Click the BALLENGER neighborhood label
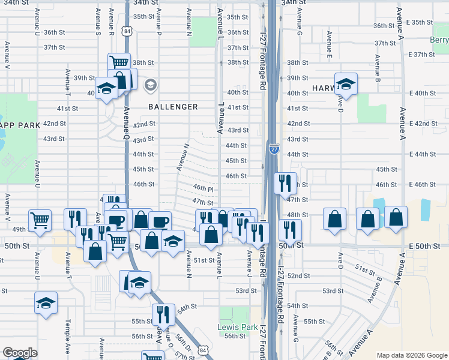pyautogui.click(x=173, y=107)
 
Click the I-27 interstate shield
pyautogui.click(x=274, y=149)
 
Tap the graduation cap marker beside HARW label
pyautogui.click(x=346, y=85)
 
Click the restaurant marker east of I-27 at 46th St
pyautogui.click(x=285, y=182)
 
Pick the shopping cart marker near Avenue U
pyautogui.click(x=40, y=219)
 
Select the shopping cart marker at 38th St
pyautogui.click(x=119, y=63)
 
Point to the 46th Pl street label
pyautogui.click(x=203, y=188)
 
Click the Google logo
pyautogui.click(x=20, y=353)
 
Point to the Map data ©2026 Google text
pyautogui.click(x=411, y=355)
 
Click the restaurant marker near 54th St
pyautogui.click(x=163, y=314)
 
